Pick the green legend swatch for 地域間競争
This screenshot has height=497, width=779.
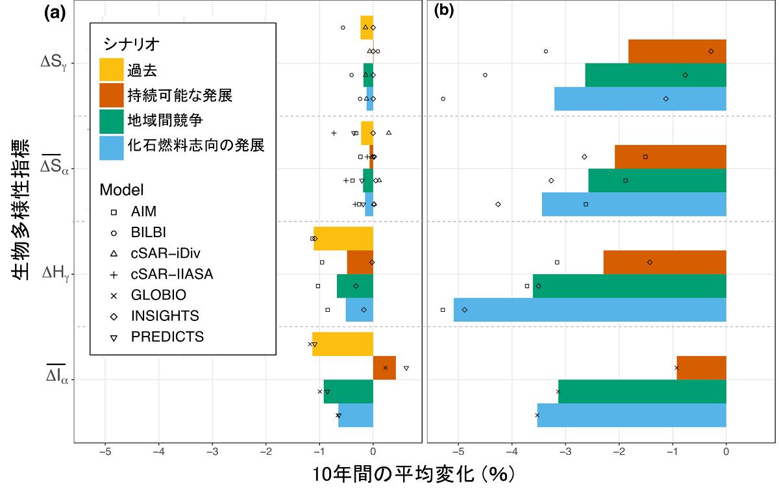(111, 120)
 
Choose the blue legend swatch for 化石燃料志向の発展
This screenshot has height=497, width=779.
(111, 145)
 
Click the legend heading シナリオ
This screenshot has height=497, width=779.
(132, 44)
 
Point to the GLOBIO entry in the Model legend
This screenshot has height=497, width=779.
(158, 295)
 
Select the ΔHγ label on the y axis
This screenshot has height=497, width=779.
(55, 274)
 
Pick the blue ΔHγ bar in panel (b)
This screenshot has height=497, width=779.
(589, 310)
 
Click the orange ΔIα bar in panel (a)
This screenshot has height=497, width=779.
(384, 368)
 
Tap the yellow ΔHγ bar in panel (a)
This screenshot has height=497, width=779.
(343, 238)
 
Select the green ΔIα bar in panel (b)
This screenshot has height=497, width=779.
(642, 392)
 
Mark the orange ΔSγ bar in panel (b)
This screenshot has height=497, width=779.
(677, 51)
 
